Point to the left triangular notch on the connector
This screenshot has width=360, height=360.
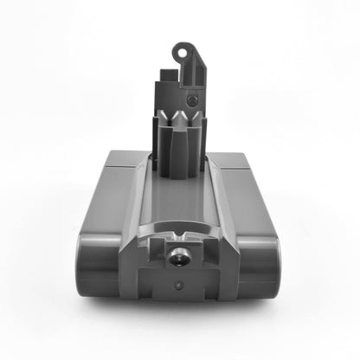163,114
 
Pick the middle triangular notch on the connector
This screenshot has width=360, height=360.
179,114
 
